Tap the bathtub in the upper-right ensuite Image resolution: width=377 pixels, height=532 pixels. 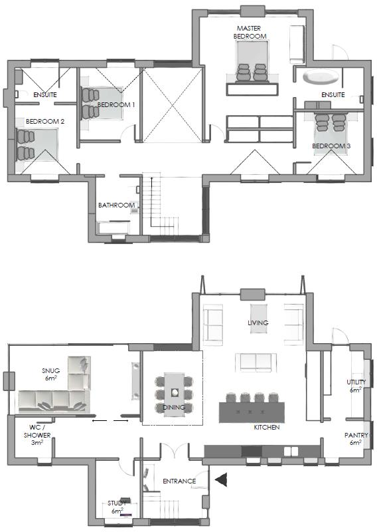point(321,77)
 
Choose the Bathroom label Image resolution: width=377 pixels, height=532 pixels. point(116,205)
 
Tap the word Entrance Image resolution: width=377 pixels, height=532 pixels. point(179,481)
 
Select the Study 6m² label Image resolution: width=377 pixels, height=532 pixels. point(117,507)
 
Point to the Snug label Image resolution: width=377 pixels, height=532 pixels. point(50,374)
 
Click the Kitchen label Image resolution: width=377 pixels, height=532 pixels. point(267,428)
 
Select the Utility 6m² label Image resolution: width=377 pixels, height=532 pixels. point(356,386)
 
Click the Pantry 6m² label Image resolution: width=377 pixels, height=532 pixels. point(356,439)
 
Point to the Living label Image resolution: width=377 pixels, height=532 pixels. point(258,323)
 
